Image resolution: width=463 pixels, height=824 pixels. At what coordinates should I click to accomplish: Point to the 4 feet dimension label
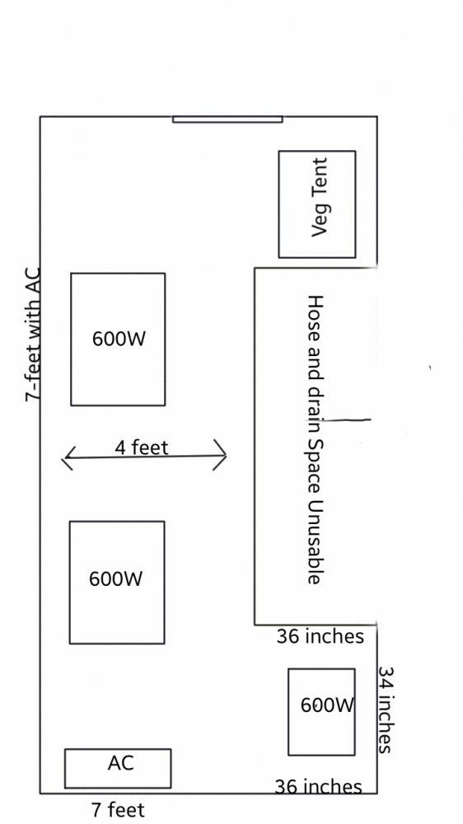point(142,447)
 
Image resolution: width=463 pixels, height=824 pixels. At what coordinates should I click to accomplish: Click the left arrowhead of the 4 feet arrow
point(69,457)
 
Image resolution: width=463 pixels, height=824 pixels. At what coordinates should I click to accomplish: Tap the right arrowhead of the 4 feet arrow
point(220,455)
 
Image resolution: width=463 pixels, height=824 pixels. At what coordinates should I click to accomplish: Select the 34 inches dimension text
point(386,709)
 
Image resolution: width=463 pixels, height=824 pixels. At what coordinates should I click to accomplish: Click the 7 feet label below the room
point(118,809)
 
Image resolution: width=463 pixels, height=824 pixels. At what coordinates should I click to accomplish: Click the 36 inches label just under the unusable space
point(320,636)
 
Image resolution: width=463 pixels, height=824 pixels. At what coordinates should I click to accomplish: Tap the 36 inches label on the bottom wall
point(319,787)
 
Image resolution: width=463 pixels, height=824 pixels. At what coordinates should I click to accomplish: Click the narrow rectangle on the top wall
point(227,119)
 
